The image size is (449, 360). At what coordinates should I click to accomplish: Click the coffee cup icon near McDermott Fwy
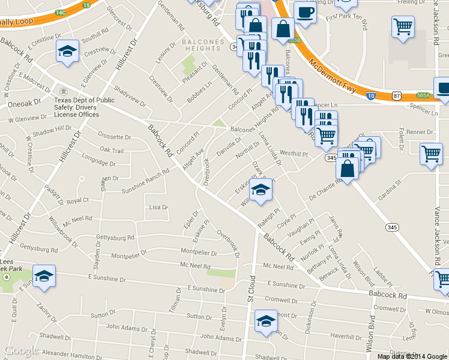pos(305,13)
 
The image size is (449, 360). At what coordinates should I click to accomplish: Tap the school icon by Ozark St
pos(261,191)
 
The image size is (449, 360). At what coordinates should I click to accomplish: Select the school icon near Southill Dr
pos(67,52)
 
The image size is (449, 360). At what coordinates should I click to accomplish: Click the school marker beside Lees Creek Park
pos(44,276)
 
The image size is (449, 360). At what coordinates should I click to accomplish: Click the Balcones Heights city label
pos(203,46)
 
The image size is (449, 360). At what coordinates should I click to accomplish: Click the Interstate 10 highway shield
pos(372,95)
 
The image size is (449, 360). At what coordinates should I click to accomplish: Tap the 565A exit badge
pos(424,95)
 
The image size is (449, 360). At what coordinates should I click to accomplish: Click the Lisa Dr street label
pos(158,207)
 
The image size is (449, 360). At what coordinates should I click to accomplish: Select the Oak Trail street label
pos(112,151)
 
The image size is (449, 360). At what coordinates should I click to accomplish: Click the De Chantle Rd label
pos(325,191)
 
